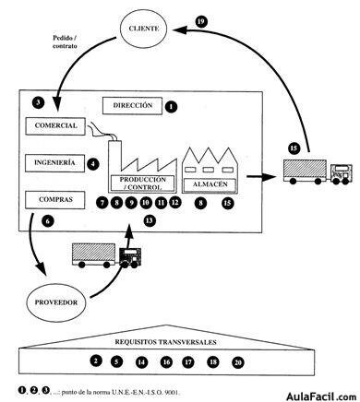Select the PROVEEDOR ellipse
pos(54,302)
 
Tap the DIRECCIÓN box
pos(131,106)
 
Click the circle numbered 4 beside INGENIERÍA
pos(93,165)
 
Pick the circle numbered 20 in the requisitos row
pos(238,362)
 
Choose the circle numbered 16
pos(166,362)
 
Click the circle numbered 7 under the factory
pos(102,201)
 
